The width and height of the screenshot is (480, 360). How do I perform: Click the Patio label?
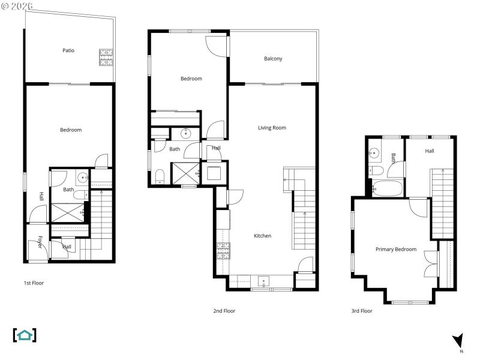(68, 50)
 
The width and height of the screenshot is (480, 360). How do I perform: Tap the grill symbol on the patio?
(106, 58)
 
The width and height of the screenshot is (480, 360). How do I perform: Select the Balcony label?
(273, 59)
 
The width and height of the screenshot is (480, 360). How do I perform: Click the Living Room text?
(272, 128)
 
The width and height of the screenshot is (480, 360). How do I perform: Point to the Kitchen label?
(262, 236)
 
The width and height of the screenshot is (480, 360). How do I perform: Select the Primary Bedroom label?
(395, 249)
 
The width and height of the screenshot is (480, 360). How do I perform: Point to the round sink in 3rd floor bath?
(374, 153)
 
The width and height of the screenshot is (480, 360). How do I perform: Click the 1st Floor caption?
(34, 283)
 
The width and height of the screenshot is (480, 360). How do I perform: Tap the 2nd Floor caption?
(224, 311)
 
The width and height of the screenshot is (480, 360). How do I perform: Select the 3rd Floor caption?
(362, 311)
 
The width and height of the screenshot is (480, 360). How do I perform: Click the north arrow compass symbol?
(458, 341)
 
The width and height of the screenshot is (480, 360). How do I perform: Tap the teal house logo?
(25, 335)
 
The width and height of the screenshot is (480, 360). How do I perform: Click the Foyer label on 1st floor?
(40, 241)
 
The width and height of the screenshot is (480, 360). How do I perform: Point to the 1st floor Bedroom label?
(70, 130)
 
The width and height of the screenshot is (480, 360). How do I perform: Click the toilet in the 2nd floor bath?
(160, 175)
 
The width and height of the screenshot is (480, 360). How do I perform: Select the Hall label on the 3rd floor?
(430, 151)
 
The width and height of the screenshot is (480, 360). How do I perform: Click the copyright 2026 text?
(18, 5)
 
